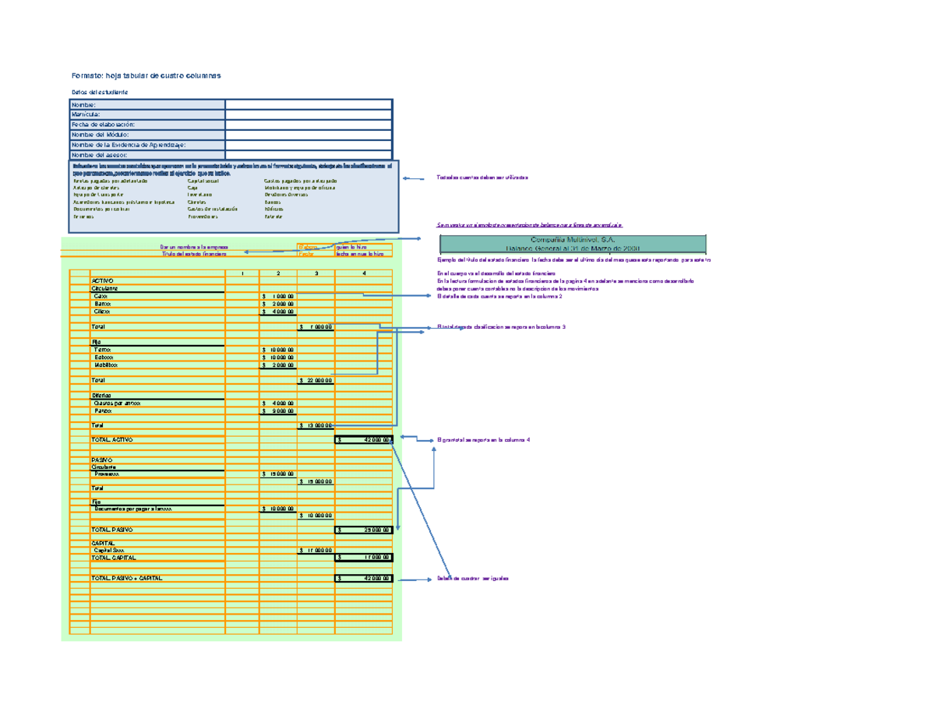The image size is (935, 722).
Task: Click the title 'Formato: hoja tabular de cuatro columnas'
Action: [146, 76]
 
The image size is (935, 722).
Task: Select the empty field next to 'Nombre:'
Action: [309, 104]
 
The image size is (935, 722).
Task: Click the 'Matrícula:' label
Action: [86, 114]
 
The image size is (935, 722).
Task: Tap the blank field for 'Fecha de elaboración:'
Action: [309, 125]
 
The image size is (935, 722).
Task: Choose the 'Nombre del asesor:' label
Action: [102, 155]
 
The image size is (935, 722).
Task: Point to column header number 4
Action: [363, 273]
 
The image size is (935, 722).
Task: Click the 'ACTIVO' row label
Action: [102, 280]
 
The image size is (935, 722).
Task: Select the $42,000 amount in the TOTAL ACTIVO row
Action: [364, 440]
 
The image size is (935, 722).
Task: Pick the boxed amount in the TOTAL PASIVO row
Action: [364, 530]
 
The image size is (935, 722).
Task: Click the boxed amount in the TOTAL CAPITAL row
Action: [364, 558]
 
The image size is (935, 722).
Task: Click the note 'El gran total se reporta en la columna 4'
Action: [484, 441]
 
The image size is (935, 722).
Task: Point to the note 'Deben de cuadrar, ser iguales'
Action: [473, 579]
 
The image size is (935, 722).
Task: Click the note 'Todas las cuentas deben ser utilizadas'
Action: [482, 178]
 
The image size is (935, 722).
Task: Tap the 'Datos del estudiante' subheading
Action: [99, 93]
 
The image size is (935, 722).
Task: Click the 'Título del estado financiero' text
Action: [194, 254]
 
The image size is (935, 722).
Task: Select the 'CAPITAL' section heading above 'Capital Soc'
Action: [103, 543]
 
